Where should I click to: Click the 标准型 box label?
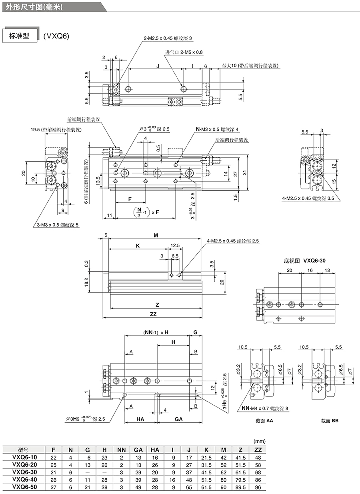19,36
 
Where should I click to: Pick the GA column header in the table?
138,449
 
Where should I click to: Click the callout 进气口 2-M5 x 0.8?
184,52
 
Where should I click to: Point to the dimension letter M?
156,235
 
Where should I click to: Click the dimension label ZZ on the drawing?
153,314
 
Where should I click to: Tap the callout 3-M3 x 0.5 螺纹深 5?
56,225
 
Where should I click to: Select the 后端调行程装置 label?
232,140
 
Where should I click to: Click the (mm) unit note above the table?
260,441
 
